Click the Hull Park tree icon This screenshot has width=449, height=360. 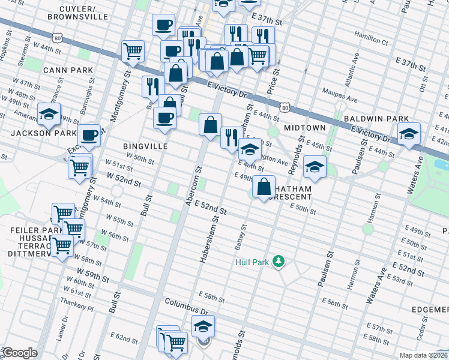(x=278, y=262)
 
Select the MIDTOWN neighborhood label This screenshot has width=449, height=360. (x=305, y=128)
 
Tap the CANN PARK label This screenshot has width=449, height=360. (x=68, y=70)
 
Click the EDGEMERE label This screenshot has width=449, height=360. (x=430, y=309)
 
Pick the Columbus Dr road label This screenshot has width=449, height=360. (x=186, y=306)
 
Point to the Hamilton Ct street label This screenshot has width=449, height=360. (x=371, y=37)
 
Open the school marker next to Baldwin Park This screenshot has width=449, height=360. (x=408, y=134)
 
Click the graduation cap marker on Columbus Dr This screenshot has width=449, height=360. (x=203, y=327)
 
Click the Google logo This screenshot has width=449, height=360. (x=19, y=353)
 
